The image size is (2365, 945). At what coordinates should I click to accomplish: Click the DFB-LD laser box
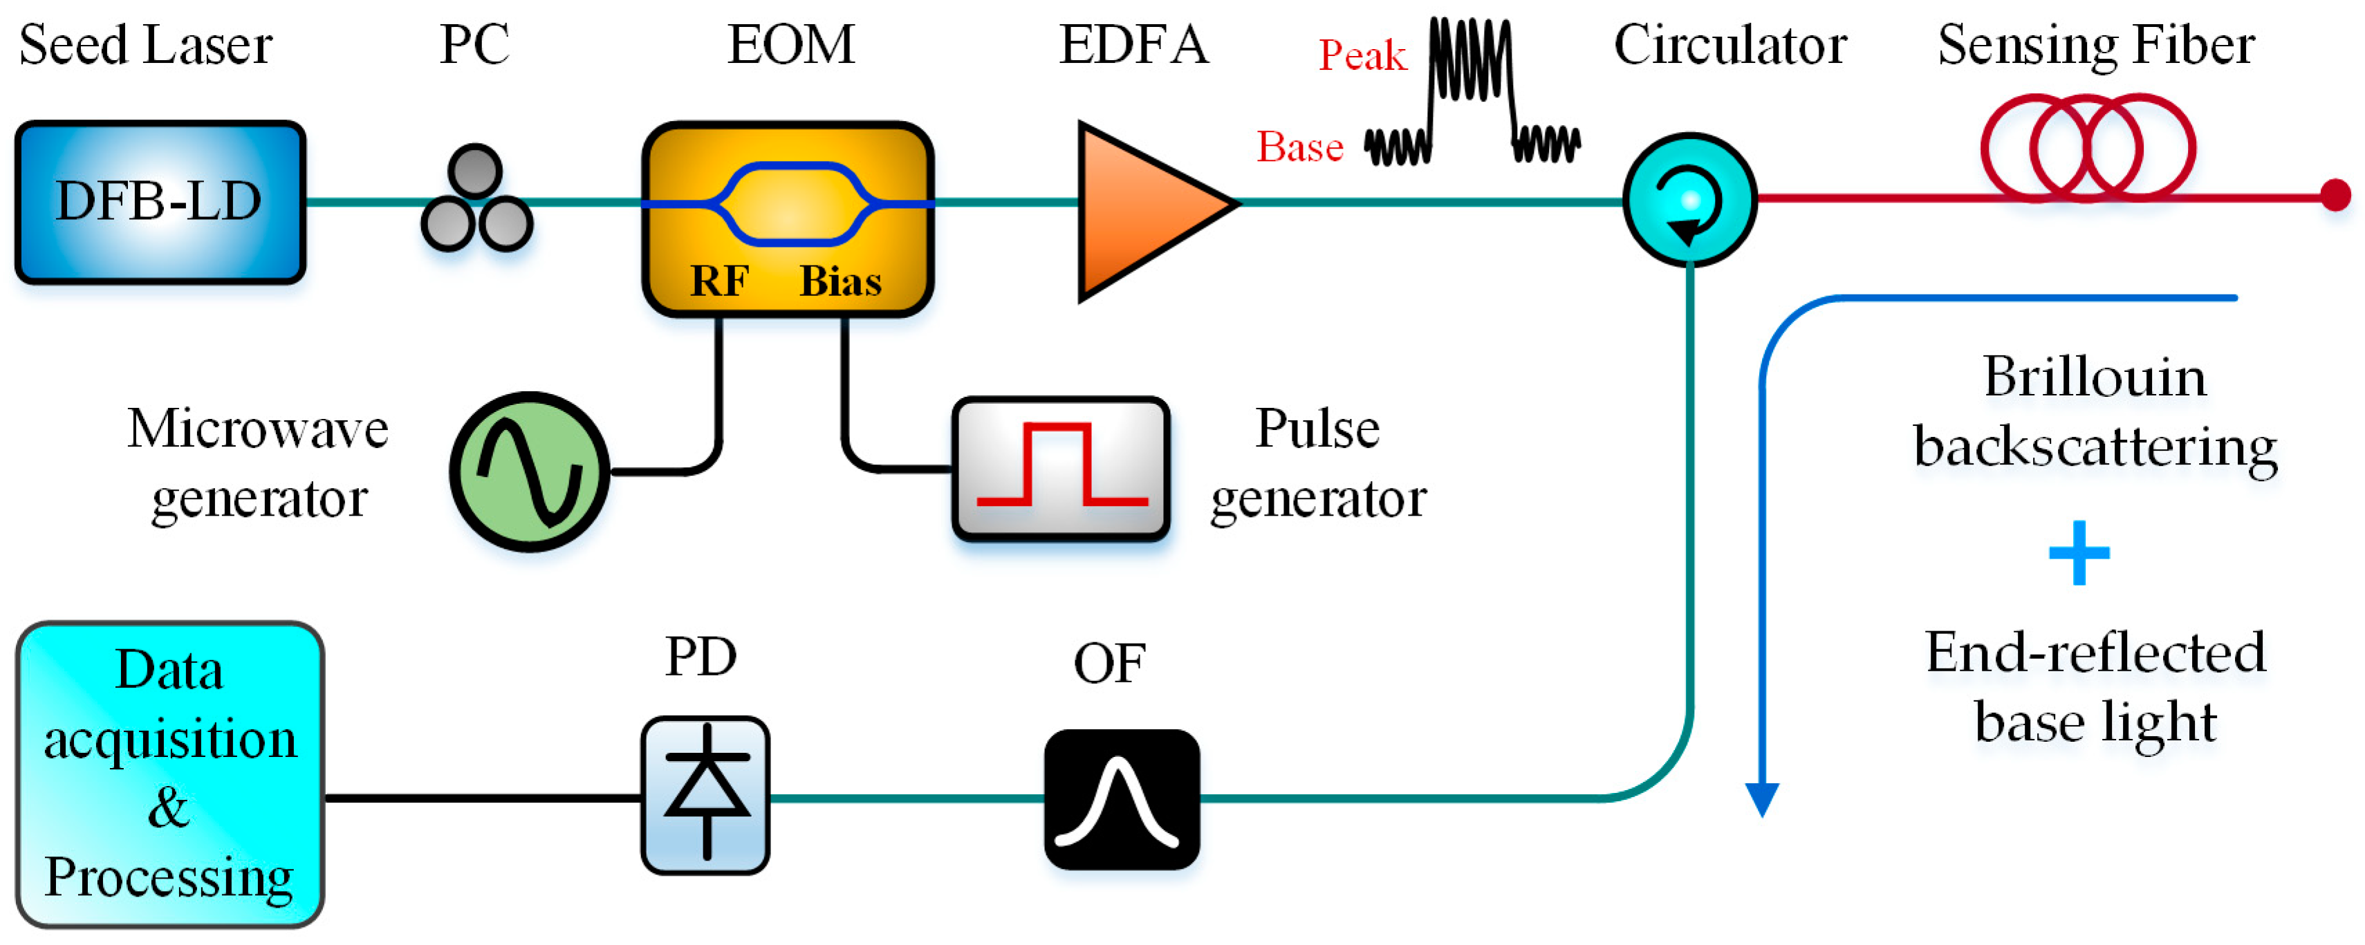160,201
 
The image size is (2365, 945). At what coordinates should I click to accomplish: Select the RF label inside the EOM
719,281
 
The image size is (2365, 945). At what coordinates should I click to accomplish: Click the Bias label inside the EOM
840,281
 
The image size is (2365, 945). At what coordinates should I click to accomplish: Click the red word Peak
1362,55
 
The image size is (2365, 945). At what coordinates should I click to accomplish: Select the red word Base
1299,147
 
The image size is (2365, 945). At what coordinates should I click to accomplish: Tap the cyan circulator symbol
1689,200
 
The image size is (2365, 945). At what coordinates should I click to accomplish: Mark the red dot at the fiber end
2335,194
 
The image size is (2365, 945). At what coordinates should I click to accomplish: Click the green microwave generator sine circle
529,471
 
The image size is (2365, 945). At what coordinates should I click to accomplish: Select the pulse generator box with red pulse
1060,469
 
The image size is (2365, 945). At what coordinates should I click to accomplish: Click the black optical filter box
1121,799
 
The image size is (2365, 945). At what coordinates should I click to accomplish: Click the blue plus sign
2079,552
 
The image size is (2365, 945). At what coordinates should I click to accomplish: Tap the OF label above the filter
1109,664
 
